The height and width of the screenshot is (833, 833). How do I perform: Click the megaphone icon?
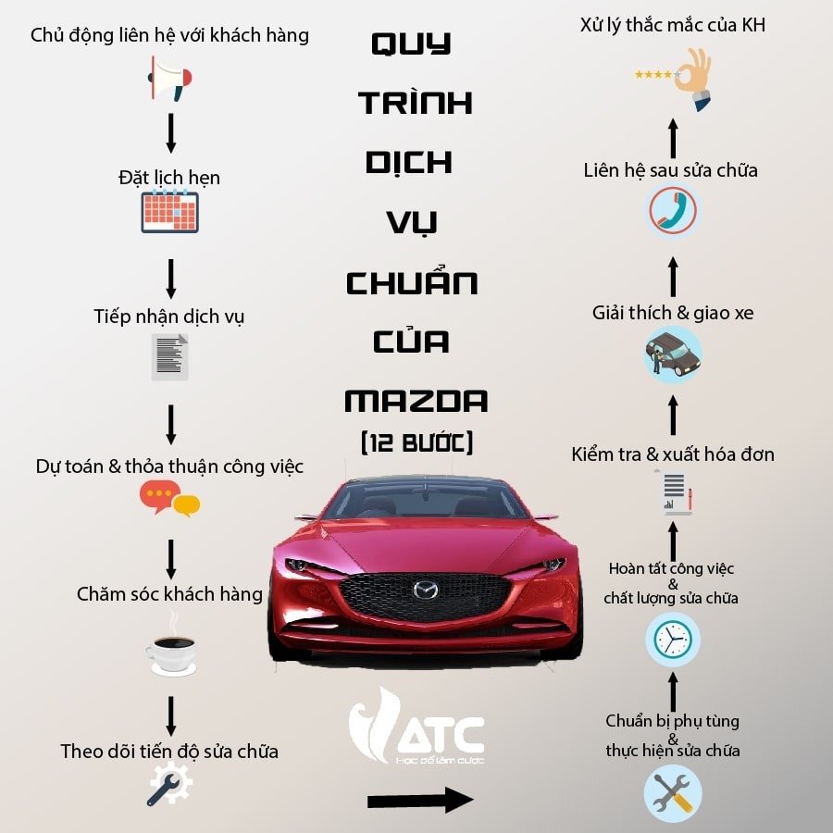pyautogui.click(x=170, y=79)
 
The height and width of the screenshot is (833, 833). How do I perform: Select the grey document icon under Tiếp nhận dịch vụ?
pyautogui.click(x=170, y=357)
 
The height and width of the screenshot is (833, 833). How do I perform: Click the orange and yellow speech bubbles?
pyautogui.click(x=170, y=498)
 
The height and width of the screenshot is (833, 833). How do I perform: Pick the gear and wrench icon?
pyautogui.click(x=170, y=783)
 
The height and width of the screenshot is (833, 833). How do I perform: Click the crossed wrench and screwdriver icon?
pyautogui.click(x=673, y=793)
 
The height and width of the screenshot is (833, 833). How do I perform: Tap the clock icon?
pyautogui.click(x=673, y=639)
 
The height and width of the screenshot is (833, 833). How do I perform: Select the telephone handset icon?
pyautogui.click(x=673, y=210)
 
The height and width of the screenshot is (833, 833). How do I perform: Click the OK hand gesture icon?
pyautogui.click(x=690, y=79)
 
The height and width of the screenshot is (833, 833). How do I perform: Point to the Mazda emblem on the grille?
pyautogui.click(x=426, y=590)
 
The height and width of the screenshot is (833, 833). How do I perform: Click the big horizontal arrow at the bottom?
pyautogui.click(x=419, y=800)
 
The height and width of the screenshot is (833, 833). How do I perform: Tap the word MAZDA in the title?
pyautogui.click(x=416, y=402)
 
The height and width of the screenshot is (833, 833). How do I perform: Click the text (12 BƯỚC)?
pyautogui.click(x=416, y=442)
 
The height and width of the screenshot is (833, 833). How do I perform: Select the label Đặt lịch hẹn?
pyautogui.click(x=169, y=178)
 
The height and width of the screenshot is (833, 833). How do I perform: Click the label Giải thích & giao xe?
pyautogui.click(x=673, y=313)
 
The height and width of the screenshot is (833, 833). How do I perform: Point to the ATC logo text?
pyautogui.click(x=441, y=735)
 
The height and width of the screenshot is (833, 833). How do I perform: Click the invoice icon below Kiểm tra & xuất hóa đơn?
pyautogui.click(x=673, y=493)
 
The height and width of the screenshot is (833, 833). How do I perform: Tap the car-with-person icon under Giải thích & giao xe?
pyautogui.click(x=673, y=354)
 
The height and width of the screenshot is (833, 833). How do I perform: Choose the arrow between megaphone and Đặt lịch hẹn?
pyautogui.click(x=170, y=133)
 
